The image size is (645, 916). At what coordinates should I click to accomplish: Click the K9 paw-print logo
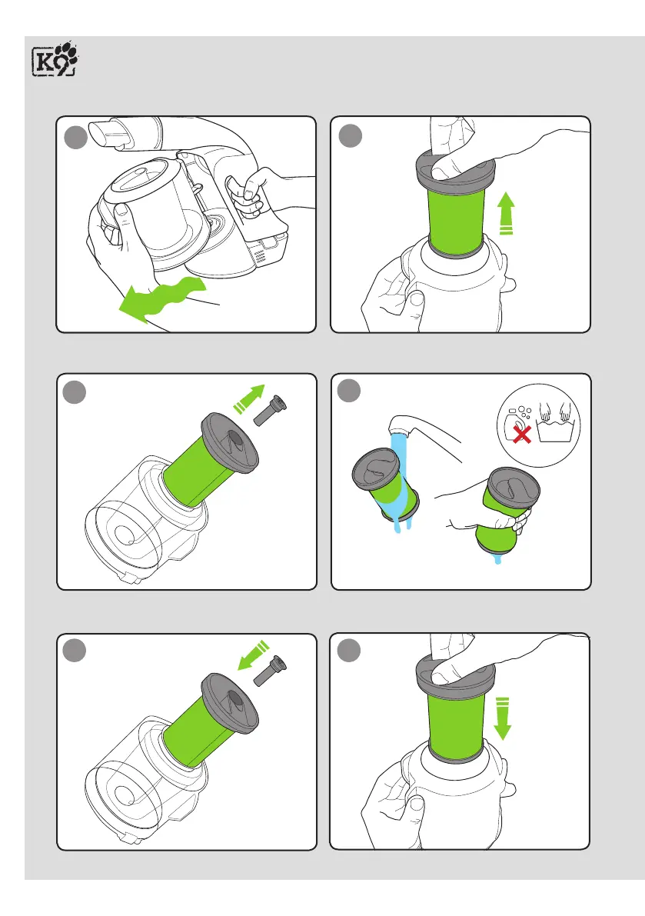[x=55, y=58]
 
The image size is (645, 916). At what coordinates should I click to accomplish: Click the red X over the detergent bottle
[x=521, y=434]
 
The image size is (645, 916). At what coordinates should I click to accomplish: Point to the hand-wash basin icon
[x=555, y=421]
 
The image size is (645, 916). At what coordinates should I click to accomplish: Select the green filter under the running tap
[x=386, y=483]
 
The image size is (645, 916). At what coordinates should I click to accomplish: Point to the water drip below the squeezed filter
[x=497, y=559]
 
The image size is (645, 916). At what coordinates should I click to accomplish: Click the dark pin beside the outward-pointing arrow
[x=271, y=410]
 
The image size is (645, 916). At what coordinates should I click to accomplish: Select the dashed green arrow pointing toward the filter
[x=254, y=655]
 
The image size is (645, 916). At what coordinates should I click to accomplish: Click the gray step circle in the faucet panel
[x=348, y=391]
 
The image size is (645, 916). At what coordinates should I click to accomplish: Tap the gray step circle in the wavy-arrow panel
[x=75, y=138]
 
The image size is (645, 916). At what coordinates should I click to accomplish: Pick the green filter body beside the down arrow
[x=456, y=724]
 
